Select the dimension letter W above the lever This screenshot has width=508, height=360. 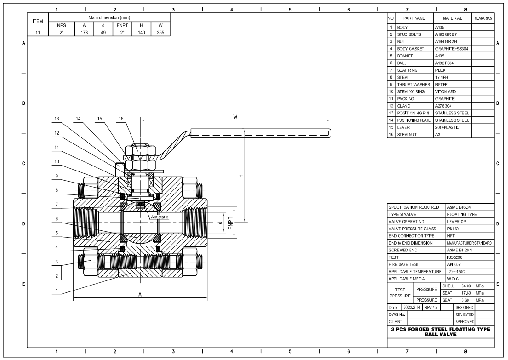(x=235, y=117)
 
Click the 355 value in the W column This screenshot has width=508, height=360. (x=160, y=32)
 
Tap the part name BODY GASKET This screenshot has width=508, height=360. (x=411, y=49)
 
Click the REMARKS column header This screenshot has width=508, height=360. (x=483, y=18)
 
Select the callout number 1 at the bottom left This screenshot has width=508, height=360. (x=57, y=290)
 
